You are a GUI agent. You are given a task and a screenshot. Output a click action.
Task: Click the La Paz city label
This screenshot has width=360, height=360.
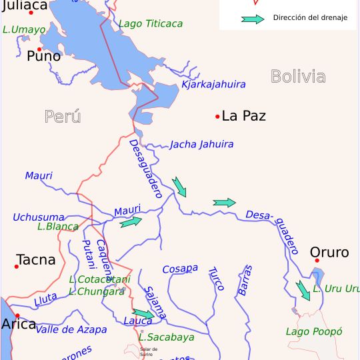coord(243,116)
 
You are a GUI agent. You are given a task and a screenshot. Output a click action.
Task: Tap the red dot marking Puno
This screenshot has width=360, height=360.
coord(39,49)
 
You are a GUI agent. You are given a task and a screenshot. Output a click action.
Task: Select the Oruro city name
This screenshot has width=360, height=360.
coord(329,253)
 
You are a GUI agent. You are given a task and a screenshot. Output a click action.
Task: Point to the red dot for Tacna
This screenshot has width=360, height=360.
coord(16,267)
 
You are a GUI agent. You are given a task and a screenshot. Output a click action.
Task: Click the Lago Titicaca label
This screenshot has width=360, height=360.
coord(150,24)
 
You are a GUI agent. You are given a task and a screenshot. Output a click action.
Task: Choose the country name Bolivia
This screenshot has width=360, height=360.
coord(298,77)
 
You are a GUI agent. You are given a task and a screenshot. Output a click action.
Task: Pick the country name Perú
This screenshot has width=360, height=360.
coord(63,117)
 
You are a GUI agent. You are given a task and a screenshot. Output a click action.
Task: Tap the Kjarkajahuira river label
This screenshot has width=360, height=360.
coord(213,85)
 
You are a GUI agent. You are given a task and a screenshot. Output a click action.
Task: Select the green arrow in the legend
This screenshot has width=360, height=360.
coord(253,19)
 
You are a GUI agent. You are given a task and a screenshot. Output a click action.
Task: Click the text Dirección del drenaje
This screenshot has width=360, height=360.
coord(310,18)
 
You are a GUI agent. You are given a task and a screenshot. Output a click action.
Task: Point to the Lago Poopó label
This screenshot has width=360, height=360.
coord(313,331)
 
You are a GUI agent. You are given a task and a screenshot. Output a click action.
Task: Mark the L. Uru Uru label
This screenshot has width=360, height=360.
coord(336,289)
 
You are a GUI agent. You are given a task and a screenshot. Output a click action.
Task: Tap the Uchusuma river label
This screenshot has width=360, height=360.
coord(38,217)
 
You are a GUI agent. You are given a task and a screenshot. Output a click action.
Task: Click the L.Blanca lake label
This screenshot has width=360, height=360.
coord(58,227)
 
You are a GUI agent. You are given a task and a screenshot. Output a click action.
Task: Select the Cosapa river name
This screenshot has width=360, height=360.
coord(180,268)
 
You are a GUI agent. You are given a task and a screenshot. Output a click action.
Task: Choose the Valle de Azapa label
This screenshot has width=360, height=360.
coord(71,329)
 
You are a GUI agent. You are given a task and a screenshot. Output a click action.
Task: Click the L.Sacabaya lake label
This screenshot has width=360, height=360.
coord(167,337)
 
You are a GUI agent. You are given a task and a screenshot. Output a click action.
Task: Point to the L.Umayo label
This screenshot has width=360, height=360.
coord(24,29)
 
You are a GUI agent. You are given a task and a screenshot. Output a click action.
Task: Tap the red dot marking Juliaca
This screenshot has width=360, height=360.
coord(31,13)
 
